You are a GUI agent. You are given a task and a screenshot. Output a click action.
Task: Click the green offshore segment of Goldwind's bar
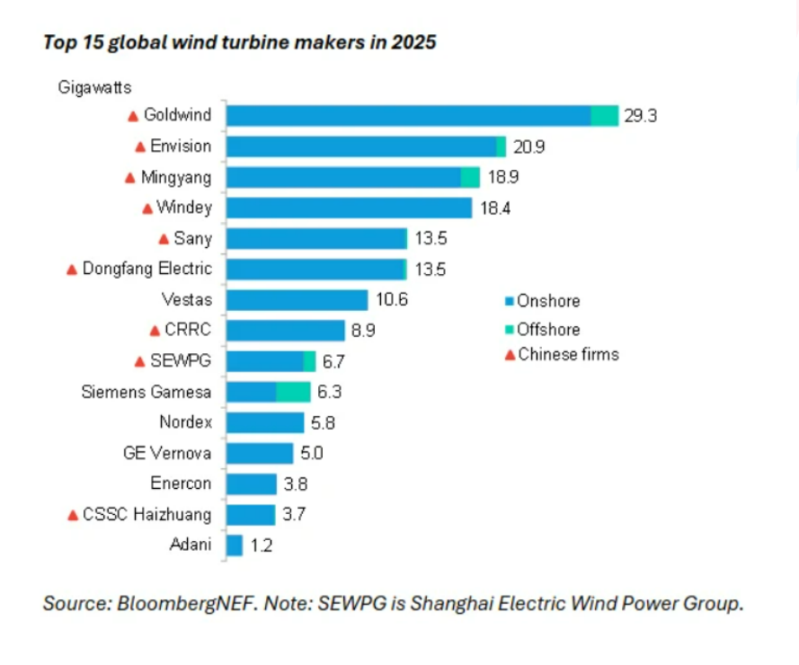point(605,116)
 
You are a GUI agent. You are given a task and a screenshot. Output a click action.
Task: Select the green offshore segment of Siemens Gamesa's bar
point(294,392)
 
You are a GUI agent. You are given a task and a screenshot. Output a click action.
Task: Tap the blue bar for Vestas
point(297,299)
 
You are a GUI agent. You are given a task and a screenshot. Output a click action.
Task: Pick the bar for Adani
point(235,545)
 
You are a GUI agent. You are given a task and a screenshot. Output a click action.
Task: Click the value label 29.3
point(641,116)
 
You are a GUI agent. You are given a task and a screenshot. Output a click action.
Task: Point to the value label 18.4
point(495,208)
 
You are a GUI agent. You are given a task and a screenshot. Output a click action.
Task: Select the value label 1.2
point(262,545)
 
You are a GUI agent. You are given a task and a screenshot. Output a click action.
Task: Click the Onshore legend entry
point(543,301)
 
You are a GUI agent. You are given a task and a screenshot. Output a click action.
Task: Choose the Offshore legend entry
point(543,330)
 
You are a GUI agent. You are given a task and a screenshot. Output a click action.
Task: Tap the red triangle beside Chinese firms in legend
point(510,355)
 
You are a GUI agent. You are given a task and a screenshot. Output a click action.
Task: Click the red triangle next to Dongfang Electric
point(72,270)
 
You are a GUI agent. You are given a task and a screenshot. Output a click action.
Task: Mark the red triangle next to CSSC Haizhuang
point(73,515)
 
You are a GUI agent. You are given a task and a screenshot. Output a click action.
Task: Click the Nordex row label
point(185,422)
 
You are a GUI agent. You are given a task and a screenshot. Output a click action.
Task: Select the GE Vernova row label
point(167,453)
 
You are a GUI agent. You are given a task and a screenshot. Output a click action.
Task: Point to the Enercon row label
point(181,483)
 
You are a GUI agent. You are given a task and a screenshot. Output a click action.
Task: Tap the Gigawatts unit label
point(94,88)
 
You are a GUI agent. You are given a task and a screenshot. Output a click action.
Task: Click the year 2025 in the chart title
point(413,42)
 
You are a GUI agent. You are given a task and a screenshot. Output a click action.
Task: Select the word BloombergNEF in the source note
point(185,603)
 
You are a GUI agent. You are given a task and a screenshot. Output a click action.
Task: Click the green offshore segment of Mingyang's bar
point(470,177)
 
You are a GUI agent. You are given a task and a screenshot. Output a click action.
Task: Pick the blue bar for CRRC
point(286,330)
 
